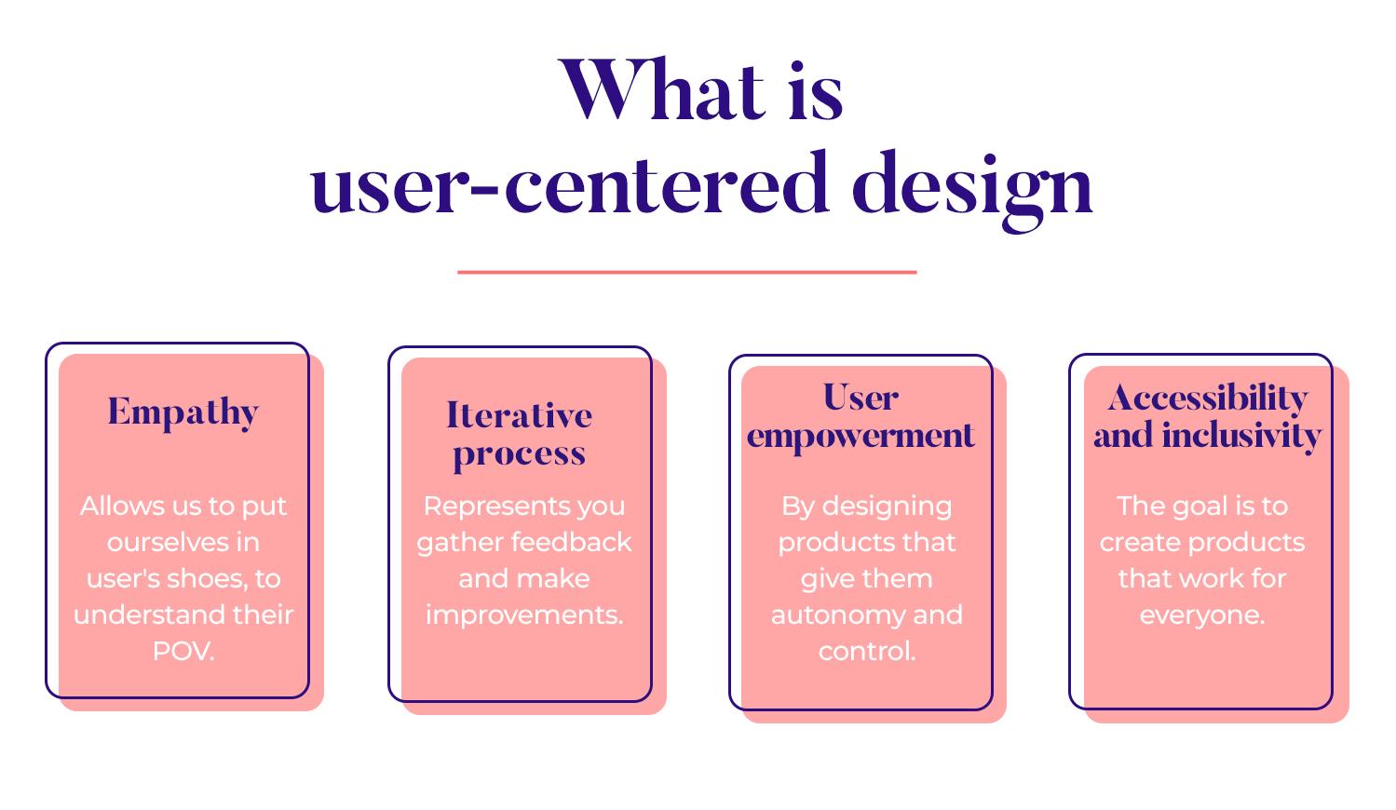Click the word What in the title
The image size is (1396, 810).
click(x=662, y=91)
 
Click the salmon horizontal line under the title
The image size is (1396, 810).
click(x=686, y=272)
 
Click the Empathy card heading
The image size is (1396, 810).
click(x=183, y=412)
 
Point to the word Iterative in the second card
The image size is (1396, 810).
click(x=519, y=415)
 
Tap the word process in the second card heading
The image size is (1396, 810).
click(x=519, y=454)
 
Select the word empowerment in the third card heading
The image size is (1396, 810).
click(x=861, y=436)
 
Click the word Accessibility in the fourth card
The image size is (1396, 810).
click(x=1208, y=398)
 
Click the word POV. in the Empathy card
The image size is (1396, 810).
click(x=183, y=651)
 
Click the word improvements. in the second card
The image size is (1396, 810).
click(x=523, y=614)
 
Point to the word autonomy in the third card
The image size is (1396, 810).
click(x=823, y=614)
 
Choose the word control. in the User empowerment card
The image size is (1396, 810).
click(x=866, y=651)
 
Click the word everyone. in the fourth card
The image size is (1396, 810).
click(x=1201, y=614)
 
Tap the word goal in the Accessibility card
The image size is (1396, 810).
click(x=1193, y=506)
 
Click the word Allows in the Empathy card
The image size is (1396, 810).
click(x=113, y=506)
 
